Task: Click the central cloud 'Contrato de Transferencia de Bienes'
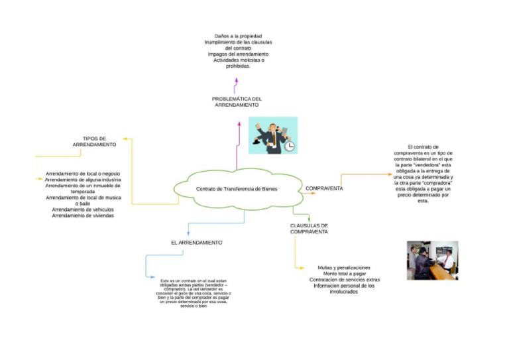tap(237, 189)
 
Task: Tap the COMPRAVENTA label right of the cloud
tap(324, 189)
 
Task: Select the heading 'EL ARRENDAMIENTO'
tap(196, 243)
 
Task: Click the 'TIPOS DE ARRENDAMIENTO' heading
tap(94, 141)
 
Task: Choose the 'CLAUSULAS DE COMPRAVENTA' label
tap(309, 229)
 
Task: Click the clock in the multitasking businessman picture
tap(290, 146)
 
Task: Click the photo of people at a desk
tap(432, 261)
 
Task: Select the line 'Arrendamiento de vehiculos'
tap(83, 210)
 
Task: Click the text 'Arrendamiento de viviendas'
tap(83, 215)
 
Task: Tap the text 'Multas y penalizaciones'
tap(344, 268)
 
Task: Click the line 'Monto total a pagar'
tap(344, 274)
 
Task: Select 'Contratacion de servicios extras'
tap(344, 280)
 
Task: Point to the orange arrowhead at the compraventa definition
tap(389, 174)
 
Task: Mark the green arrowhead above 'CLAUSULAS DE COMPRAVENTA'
tap(309, 218)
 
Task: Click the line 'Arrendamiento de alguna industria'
tap(83, 180)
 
